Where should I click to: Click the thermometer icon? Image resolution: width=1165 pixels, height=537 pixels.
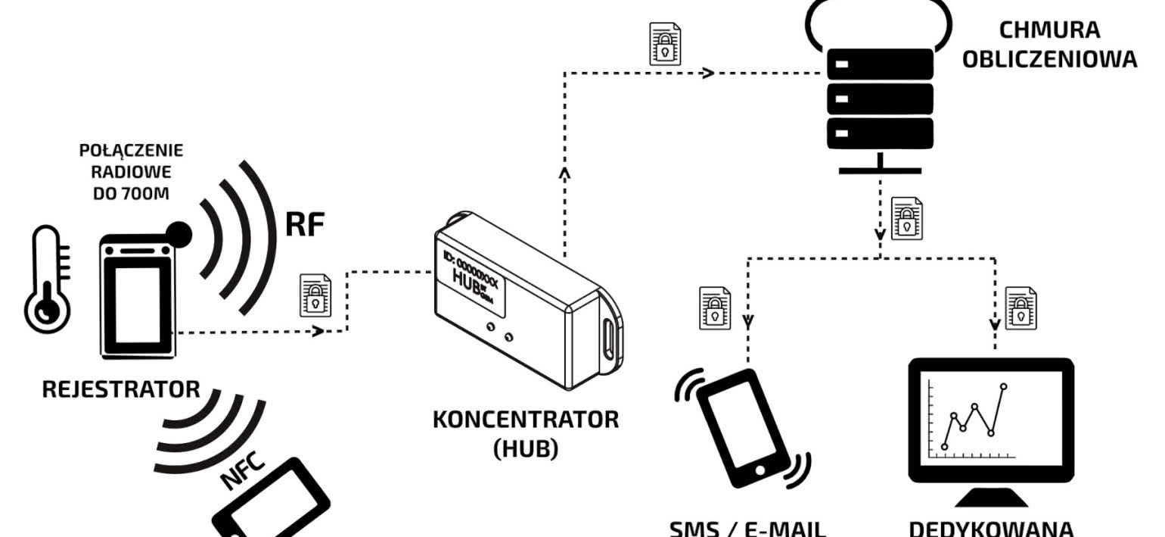click(47, 280)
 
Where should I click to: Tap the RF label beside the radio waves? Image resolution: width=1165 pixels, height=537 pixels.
click(304, 224)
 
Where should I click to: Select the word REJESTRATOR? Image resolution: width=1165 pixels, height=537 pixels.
click(121, 390)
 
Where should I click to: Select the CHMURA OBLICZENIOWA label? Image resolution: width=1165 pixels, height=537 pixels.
click(1048, 45)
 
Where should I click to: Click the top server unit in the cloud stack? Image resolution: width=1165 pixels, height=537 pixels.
click(879, 64)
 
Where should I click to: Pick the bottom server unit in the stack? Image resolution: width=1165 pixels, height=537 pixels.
click(879, 133)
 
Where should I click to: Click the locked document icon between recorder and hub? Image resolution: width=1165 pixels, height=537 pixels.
click(315, 294)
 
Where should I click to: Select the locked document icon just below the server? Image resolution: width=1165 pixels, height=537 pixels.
click(906, 218)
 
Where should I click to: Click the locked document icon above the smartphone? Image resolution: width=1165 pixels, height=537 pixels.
click(714, 308)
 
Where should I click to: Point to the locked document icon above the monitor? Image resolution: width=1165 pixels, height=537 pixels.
click(1021, 308)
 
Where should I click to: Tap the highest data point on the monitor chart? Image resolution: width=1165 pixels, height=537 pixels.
click(1004, 387)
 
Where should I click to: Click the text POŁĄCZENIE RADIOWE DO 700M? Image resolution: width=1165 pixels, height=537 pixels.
click(131, 171)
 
